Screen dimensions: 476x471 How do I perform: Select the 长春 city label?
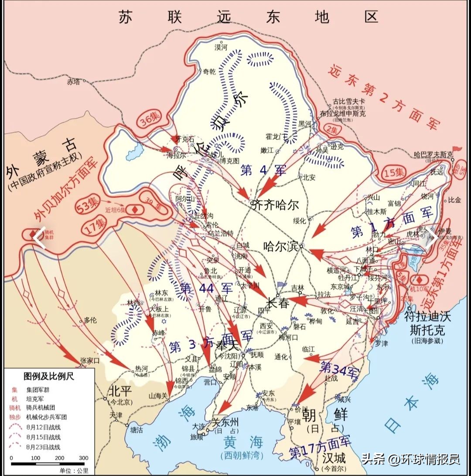point(278,303)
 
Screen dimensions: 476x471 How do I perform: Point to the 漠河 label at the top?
point(221,47)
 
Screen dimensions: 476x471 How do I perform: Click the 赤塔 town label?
point(74,82)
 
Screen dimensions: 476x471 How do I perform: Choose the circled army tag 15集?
point(394,172)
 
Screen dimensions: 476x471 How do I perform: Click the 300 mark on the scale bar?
point(83,458)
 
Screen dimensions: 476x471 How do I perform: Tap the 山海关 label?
point(158,396)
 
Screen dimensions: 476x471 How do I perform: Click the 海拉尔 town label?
point(176,155)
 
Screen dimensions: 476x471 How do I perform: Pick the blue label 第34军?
point(339,369)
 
